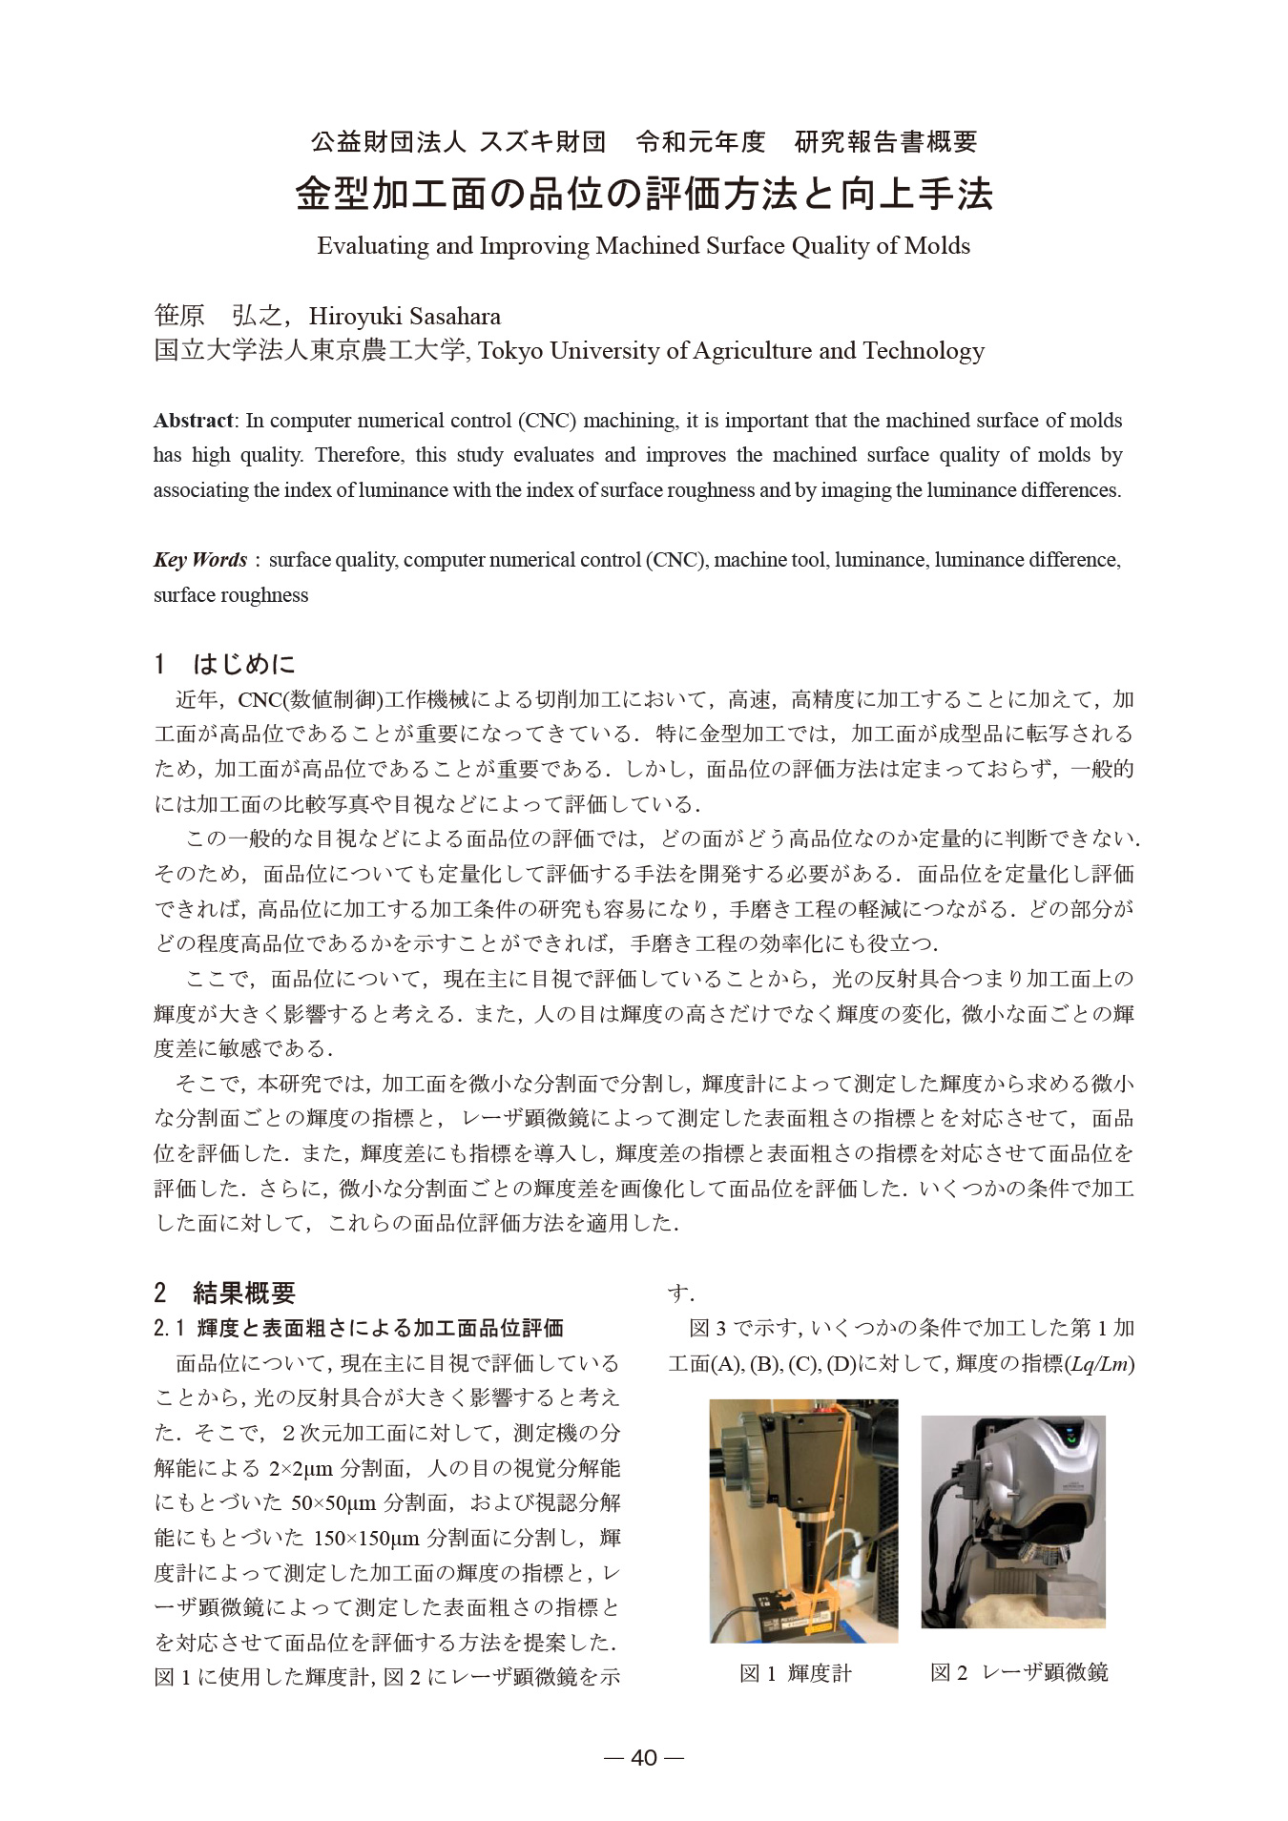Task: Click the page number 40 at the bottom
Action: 644,1758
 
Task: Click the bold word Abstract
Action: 194,421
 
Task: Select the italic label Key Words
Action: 200,560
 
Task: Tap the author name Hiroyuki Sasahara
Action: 405,316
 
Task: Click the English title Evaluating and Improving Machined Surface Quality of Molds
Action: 643,246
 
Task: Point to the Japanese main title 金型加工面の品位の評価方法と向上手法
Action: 644,194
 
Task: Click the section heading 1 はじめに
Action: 225,664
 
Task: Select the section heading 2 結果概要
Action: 225,1293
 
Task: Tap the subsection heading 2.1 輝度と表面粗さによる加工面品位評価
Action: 359,1328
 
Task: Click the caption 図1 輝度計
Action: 796,1672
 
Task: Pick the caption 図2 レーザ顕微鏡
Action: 1019,1672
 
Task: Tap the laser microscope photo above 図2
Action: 1013,1521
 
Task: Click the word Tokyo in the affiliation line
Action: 510,351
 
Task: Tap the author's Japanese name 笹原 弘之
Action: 218,316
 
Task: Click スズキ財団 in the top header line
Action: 542,142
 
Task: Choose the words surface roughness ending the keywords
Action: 231,595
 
